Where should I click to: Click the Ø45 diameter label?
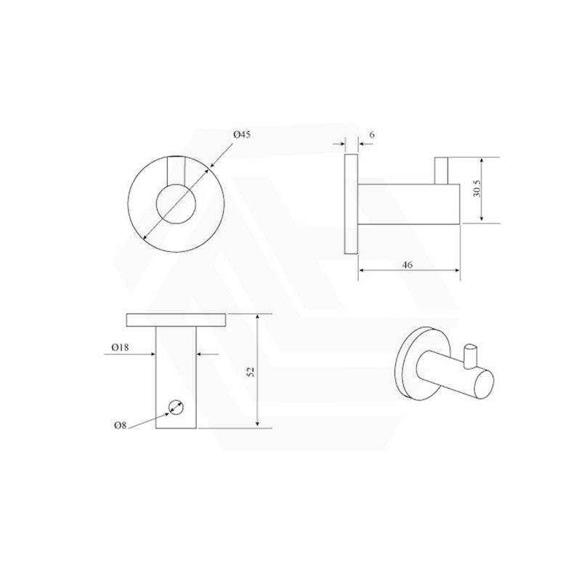click(242, 135)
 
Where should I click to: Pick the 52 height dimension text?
click(251, 371)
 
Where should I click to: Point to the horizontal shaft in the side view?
click(408, 205)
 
